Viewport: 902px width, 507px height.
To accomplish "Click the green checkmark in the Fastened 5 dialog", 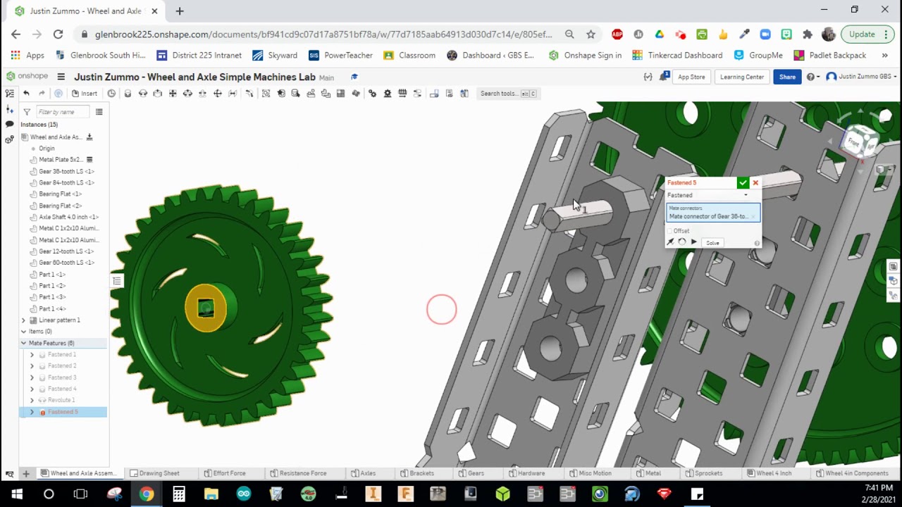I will [743, 183].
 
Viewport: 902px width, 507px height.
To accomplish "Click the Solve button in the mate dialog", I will [712, 243].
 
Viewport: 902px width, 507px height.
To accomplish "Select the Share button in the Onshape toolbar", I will [787, 77].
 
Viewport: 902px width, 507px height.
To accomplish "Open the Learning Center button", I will [741, 77].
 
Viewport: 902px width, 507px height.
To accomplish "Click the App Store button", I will [691, 77].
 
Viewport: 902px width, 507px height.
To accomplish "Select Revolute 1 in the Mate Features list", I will [61, 400].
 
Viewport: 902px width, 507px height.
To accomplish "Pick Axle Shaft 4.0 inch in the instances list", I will [68, 217].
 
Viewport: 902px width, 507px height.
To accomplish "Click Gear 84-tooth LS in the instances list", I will [66, 182].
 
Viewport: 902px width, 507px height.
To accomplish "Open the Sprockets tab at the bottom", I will [708, 473].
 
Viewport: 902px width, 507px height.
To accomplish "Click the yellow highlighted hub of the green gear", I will [205, 307].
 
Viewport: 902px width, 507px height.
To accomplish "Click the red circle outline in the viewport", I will [442, 310].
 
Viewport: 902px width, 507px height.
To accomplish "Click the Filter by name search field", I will [62, 112].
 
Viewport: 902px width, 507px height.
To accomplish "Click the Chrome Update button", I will [862, 34].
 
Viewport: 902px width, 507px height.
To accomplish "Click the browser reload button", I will [58, 34].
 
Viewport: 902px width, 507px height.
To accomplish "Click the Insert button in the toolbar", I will [85, 94].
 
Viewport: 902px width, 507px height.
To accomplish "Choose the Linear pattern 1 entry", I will [59, 320].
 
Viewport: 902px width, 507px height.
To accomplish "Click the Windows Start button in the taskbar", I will [16, 494].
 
